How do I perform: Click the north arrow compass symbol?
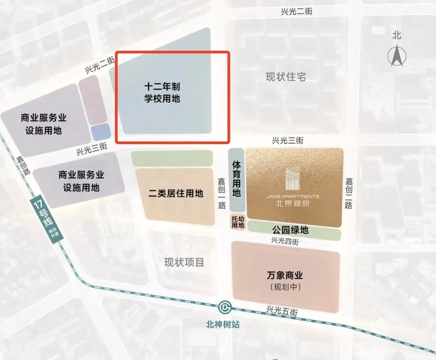click(x=397, y=56)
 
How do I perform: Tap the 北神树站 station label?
click(x=222, y=324)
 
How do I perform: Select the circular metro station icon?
click(x=225, y=308)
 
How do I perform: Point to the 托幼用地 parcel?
click(x=238, y=222)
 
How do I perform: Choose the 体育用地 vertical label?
click(x=237, y=179)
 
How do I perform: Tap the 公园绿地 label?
click(x=290, y=230)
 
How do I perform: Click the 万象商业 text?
click(x=285, y=276)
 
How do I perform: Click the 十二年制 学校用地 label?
click(x=162, y=92)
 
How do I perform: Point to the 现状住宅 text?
click(x=287, y=77)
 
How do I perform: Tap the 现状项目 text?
click(x=184, y=263)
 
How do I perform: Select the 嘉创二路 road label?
click(x=349, y=194)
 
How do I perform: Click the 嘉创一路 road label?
click(x=222, y=194)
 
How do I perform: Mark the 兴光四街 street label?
click(x=285, y=241)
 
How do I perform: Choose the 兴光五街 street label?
click(x=282, y=311)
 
